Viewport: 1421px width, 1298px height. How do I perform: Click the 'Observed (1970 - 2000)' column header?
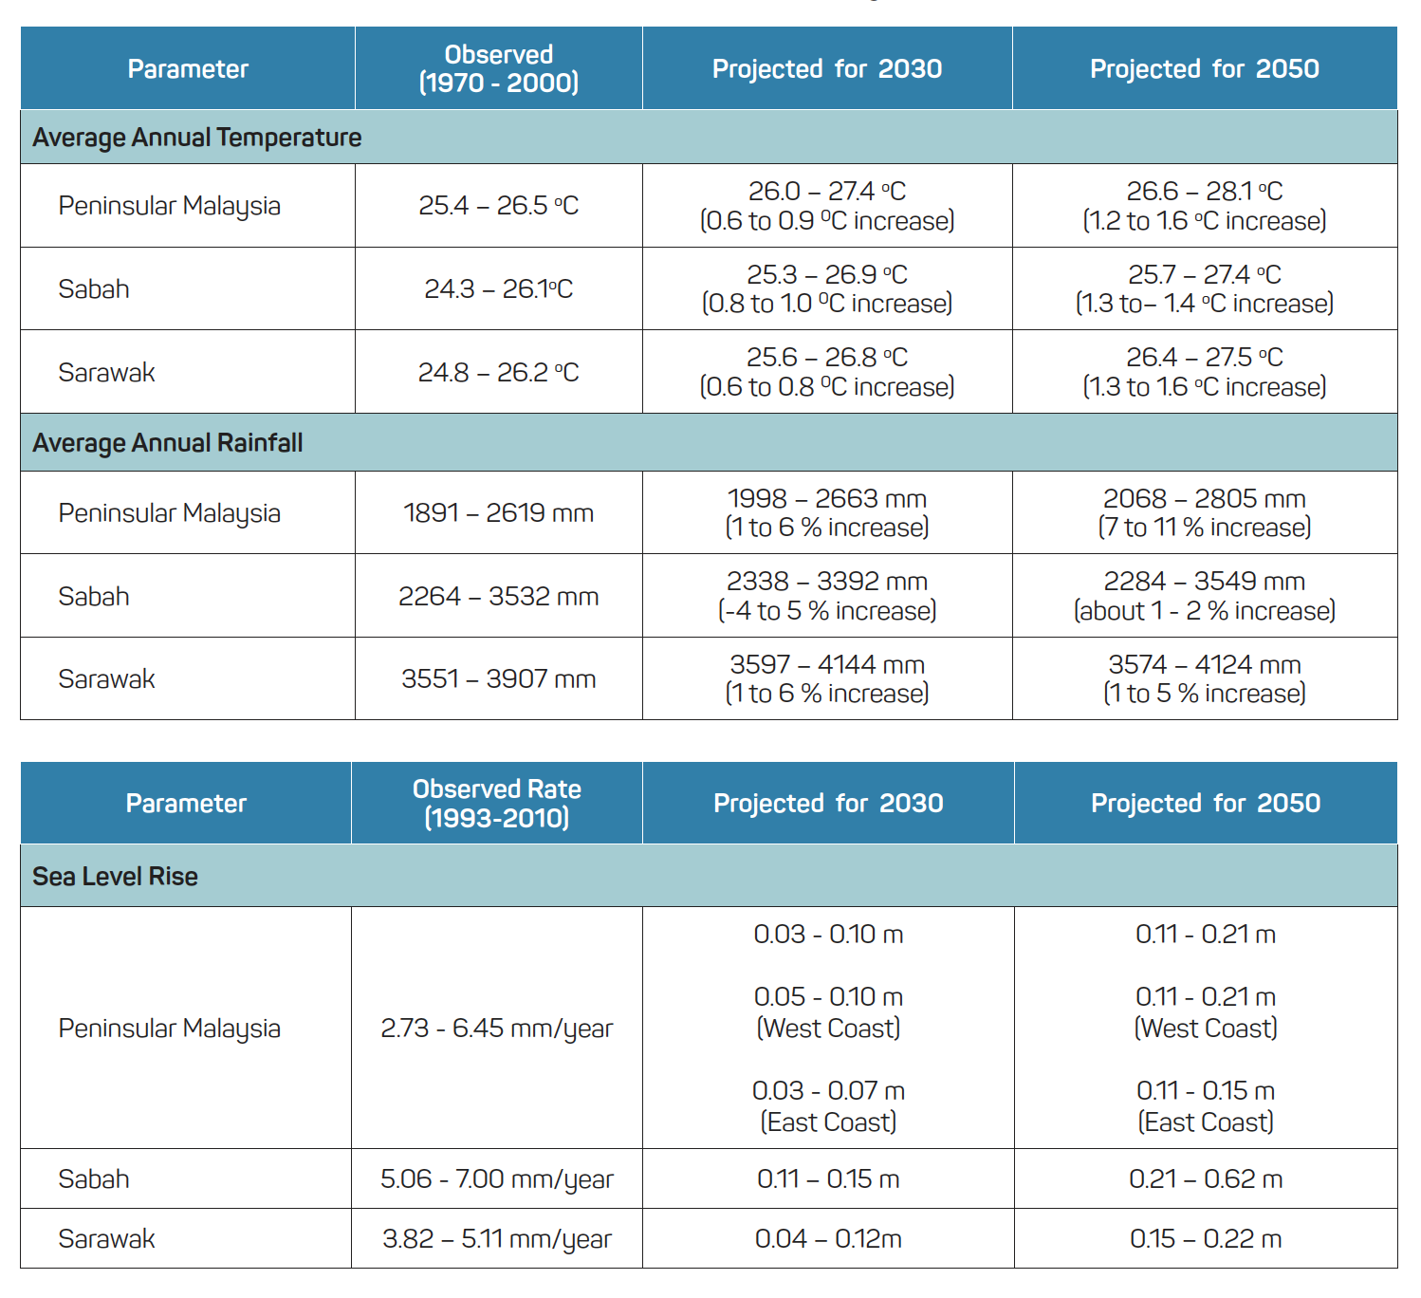[498, 68]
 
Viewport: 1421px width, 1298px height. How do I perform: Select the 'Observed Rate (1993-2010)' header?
[496, 803]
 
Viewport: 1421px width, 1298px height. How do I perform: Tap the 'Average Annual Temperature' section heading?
[197, 138]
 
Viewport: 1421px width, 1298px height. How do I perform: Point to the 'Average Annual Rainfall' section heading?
[168, 443]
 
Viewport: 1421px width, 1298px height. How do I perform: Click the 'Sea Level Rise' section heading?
[115, 876]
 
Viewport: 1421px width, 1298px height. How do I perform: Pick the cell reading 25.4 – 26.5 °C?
[498, 206]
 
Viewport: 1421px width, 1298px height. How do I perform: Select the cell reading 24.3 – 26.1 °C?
[498, 288]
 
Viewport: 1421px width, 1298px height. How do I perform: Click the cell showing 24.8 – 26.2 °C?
[498, 372]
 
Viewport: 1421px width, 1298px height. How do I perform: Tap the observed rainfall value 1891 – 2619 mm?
[498, 513]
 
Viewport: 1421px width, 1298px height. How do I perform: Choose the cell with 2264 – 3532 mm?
[498, 597]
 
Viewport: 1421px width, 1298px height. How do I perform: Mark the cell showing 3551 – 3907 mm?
[498, 679]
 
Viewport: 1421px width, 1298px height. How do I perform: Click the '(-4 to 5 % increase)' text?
[827, 611]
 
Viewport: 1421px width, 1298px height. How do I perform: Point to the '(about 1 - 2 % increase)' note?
[1205, 611]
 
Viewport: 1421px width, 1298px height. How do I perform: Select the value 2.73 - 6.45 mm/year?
[496, 1029]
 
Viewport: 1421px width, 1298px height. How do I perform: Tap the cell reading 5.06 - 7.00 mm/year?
[496, 1179]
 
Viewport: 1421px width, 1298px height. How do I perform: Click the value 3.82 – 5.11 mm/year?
[496, 1239]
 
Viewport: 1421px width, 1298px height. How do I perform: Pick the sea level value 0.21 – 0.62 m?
[1206, 1179]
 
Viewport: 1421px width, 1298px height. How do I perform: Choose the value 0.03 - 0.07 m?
[828, 1091]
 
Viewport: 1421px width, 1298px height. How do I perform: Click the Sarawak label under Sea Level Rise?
[106, 1239]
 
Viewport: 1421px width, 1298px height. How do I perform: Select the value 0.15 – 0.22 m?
[1206, 1239]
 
